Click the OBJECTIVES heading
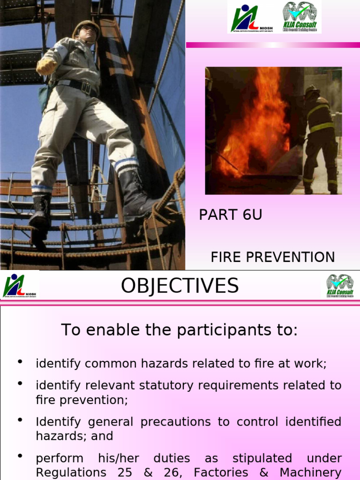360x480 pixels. pos(180,286)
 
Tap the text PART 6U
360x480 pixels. pos(230,215)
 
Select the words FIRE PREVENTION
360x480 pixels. pos(272,257)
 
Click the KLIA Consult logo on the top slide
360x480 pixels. pos(300,17)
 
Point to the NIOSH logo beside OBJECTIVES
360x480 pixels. pos(20,286)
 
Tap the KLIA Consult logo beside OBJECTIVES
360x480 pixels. pos(340,286)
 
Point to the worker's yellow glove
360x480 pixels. pos(46,66)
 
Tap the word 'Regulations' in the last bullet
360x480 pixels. pos(66,472)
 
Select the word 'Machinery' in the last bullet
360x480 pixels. pos(310,472)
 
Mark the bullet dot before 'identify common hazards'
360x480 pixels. pos(20,362)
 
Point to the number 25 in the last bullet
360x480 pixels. pos(125,472)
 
